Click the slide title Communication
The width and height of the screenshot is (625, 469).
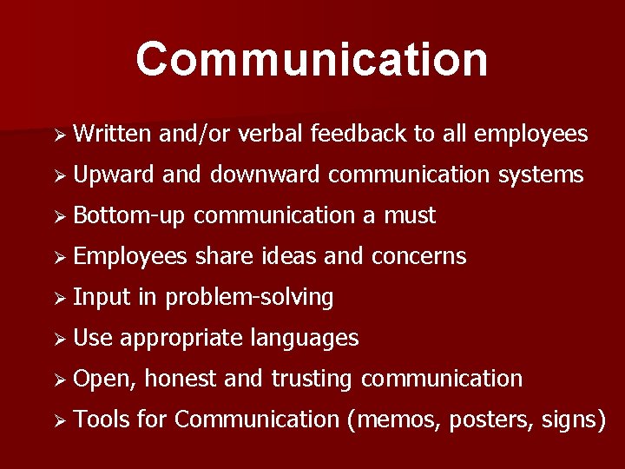(x=312, y=59)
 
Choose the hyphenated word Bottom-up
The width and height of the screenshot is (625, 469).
(x=130, y=215)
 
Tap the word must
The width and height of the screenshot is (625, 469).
(x=410, y=215)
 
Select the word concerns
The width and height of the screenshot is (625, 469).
(x=418, y=256)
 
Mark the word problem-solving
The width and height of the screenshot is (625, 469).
(x=249, y=298)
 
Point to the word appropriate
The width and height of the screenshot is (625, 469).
(x=181, y=338)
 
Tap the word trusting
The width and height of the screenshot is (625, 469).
(x=312, y=379)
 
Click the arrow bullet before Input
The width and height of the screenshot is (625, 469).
(x=59, y=298)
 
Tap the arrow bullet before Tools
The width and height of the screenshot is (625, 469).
(x=59, y=420)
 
